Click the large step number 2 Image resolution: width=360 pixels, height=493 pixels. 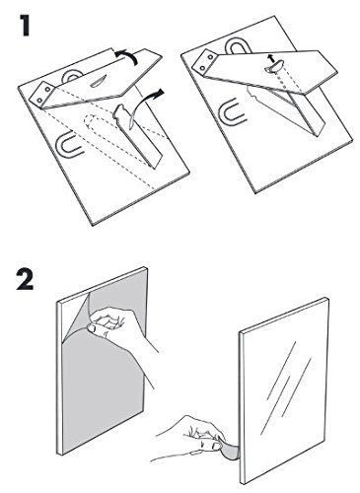[x=26, y=279]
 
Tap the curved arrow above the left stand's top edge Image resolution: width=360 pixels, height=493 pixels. [x=126, y=56]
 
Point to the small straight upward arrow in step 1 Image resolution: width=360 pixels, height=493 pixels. [x=270, y=58]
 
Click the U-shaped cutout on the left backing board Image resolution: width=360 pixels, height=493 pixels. [x=68, y=145]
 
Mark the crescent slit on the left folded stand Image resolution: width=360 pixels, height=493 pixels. [x=98, y=80]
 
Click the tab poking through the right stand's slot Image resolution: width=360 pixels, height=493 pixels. [x=273, y=66]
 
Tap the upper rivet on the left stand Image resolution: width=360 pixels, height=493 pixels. [x=48, y=89]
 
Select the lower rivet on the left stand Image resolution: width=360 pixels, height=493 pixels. [x=39, y=99]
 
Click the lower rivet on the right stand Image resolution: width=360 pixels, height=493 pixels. [x=202, y=68]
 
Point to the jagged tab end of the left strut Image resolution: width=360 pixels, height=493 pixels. [x=119, y=112]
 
